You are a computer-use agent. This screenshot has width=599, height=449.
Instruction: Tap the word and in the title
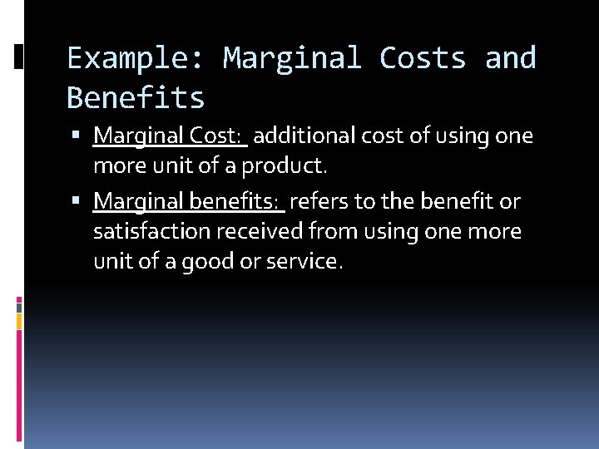pyautogui.click(x=511, y=59)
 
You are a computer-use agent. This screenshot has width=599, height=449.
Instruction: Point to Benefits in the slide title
pyautogui.click(x=136, y=98)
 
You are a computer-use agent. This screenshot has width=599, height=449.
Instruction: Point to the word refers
pyautogui.click(x=319, y=201)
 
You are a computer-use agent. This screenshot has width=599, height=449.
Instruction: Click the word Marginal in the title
pyautogui.click(x=291, y=59)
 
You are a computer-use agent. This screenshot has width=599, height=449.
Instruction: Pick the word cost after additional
pyautogui.click(x=378, y=135)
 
